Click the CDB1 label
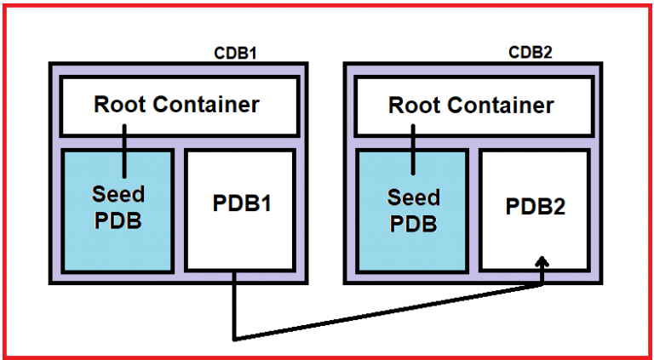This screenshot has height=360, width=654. coord(235,54)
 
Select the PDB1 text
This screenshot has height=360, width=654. coord(241,205)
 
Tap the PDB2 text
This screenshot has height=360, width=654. coord(535,206)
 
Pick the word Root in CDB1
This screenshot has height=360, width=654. coord(120,105)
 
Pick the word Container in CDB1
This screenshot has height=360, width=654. coord(205,105)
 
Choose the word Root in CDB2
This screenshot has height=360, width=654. coord(415,106)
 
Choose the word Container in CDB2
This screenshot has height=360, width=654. coord(500,106)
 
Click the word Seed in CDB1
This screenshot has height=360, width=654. coord(118,194)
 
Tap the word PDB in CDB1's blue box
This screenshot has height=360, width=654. coord(118,221)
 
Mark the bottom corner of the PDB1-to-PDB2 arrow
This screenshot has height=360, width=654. coord(233,338)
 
